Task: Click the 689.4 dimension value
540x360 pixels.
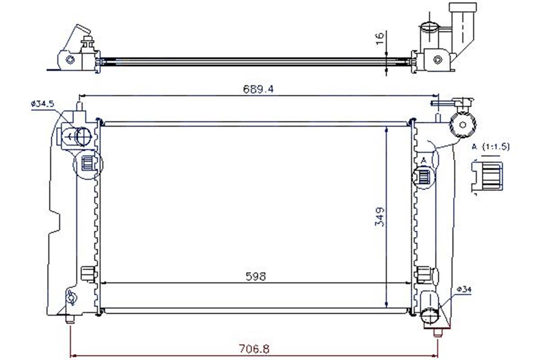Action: coord(258,89)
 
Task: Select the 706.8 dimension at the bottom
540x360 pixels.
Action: coord(254,349)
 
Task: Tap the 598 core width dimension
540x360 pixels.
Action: coord(256,276)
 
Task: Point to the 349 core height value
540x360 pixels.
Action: coord(379,217)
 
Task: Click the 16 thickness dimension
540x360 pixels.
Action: coord(380,39)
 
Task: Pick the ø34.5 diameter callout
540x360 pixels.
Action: coord(43,104)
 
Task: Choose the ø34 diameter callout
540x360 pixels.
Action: coord(464,289)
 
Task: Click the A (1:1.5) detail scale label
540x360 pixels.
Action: coord(491,147)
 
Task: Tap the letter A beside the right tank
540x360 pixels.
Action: coord(423,160)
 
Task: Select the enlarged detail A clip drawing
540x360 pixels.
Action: coord(487,177)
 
